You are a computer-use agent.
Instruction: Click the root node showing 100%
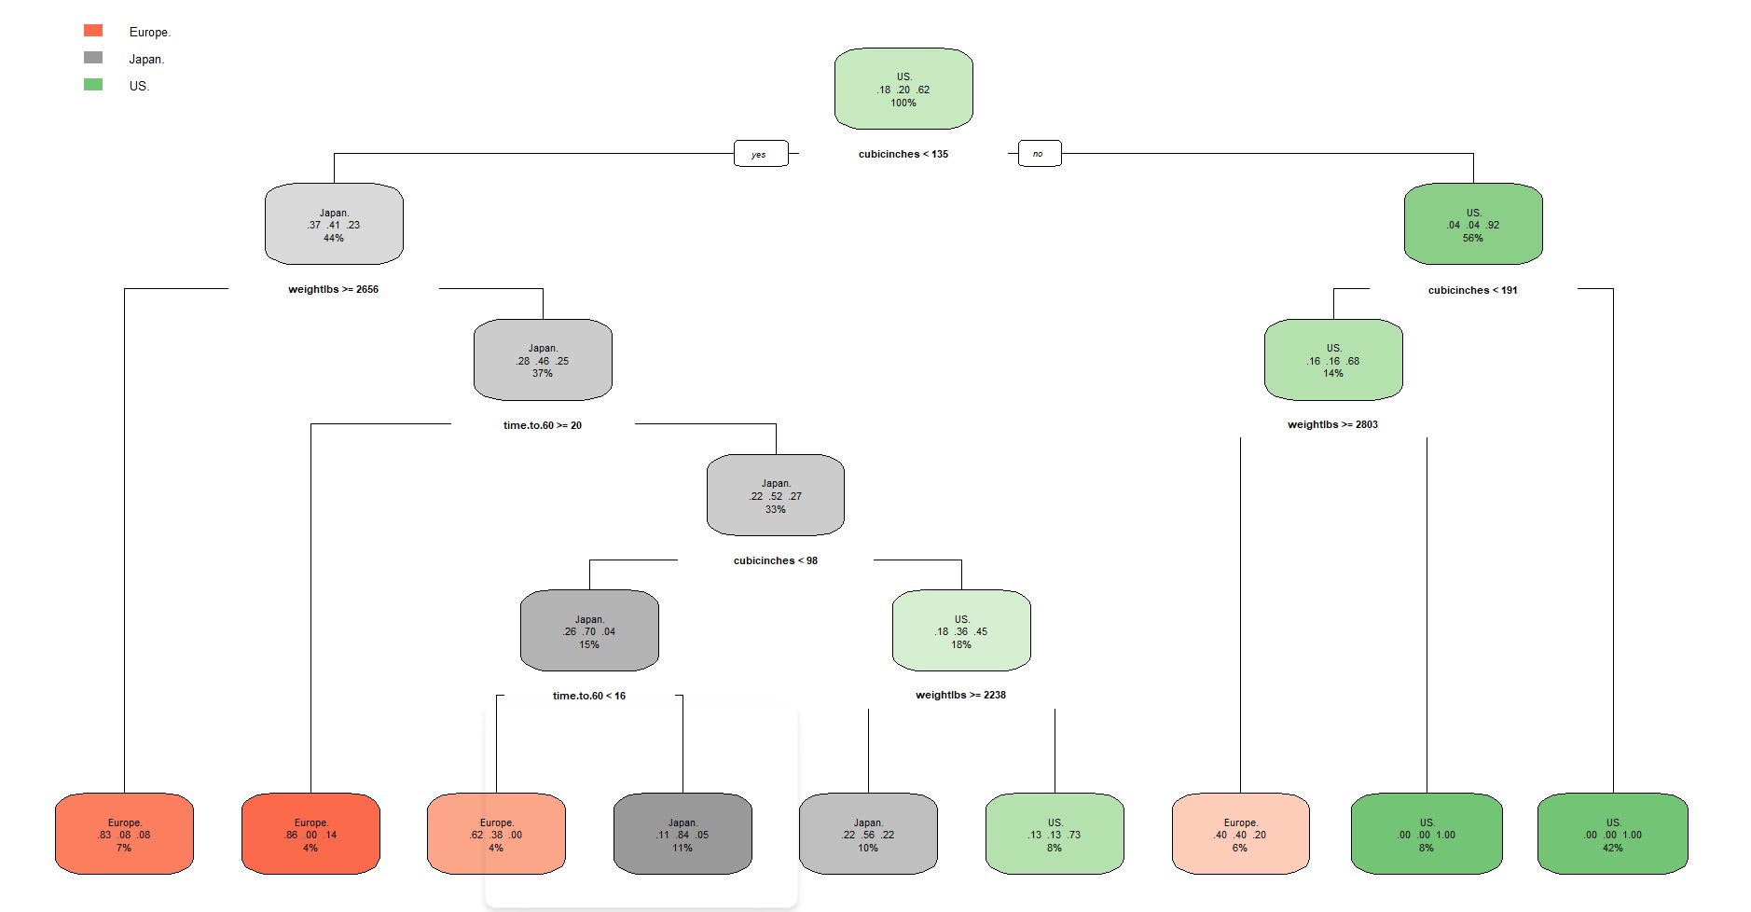(903, 89)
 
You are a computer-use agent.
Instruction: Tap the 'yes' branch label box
(760, 154)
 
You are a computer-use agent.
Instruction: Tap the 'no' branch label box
(1039, 153)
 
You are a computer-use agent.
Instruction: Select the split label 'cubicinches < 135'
(903, 154)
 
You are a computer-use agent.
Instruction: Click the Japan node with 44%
(334, 224)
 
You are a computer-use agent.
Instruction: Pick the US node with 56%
(1472, 224)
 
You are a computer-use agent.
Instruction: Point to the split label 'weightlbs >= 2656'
(333, 289)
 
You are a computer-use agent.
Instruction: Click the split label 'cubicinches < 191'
(1472, 290)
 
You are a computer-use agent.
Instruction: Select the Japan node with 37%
(543, 360)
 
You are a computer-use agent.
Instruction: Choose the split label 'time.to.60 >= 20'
(542, 425)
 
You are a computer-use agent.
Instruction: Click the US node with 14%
(1332, 360)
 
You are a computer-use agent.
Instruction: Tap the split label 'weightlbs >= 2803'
(1332, 424)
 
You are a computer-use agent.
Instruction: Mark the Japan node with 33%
(775, 495)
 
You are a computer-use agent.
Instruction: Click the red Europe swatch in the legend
(93, 31)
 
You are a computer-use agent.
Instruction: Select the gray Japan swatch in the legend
(93, 58)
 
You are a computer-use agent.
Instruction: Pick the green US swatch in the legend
(93, 85)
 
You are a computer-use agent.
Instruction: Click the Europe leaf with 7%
(124, 834)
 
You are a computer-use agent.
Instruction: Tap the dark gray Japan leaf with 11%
(682, 834)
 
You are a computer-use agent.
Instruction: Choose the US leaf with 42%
(1612, 834)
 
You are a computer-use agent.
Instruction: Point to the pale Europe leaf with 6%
(1239, 834)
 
